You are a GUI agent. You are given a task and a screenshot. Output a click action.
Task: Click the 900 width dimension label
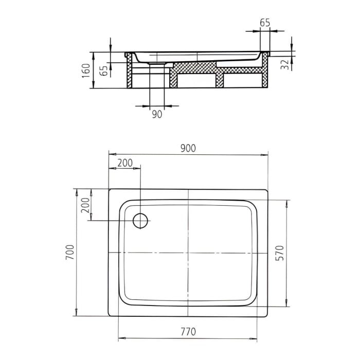tap(188, 148)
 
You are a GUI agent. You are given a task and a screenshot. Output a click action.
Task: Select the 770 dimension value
tap(188, 332)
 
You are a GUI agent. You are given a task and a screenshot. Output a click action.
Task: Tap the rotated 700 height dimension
tap(70, 252)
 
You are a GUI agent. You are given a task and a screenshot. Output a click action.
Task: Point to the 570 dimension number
tap(279, 253)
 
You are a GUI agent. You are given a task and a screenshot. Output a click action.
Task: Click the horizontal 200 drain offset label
tap(125, 163)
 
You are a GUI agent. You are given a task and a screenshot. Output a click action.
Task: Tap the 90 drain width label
tap(157, 114)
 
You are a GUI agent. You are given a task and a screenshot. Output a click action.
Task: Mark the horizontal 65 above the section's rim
tap(265, 23)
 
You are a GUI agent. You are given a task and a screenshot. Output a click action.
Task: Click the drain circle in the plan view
tap(140, 221)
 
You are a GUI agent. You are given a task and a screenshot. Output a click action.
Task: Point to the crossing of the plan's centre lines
tap(188, 253)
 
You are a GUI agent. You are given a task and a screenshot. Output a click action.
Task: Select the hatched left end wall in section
tap(130, 73)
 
